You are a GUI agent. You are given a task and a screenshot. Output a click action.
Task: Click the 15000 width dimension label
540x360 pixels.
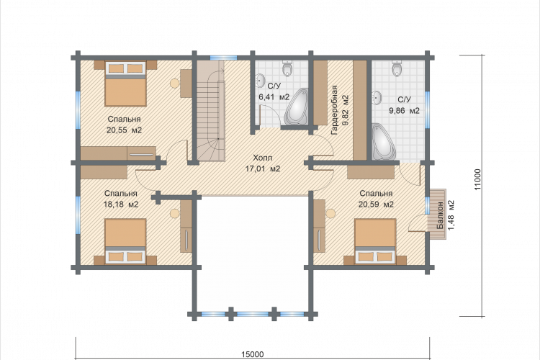point(253,354)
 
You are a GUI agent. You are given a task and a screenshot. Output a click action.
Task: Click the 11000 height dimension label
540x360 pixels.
point(477,179)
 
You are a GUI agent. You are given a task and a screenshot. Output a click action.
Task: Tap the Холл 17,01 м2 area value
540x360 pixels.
point(262,168)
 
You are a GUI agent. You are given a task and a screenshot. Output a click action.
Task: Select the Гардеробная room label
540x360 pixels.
point(334,110)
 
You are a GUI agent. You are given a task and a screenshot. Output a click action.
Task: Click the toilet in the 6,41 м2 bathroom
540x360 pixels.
point(287,68)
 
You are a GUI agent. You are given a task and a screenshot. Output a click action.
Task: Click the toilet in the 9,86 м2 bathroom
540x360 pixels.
point(397,68)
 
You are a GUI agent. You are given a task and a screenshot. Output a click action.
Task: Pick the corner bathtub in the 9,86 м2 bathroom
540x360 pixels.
point(384,142)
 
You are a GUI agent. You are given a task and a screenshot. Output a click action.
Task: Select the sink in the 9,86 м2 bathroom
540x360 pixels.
point(377,97)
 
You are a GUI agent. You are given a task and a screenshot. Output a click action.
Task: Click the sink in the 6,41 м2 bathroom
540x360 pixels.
point(260,81)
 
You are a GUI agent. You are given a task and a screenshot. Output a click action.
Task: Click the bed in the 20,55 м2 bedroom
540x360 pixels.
point(126,84)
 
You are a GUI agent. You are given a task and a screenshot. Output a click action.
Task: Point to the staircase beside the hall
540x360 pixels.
point(210,111)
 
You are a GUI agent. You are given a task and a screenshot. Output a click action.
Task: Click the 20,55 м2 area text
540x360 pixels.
point(124,130)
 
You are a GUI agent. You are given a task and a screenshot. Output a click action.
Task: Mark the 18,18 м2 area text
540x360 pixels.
point(121,204)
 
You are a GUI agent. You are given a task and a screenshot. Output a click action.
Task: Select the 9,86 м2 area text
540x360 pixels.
point(405,111)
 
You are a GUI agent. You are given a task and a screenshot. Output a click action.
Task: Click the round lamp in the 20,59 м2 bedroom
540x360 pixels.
point(330,214)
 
